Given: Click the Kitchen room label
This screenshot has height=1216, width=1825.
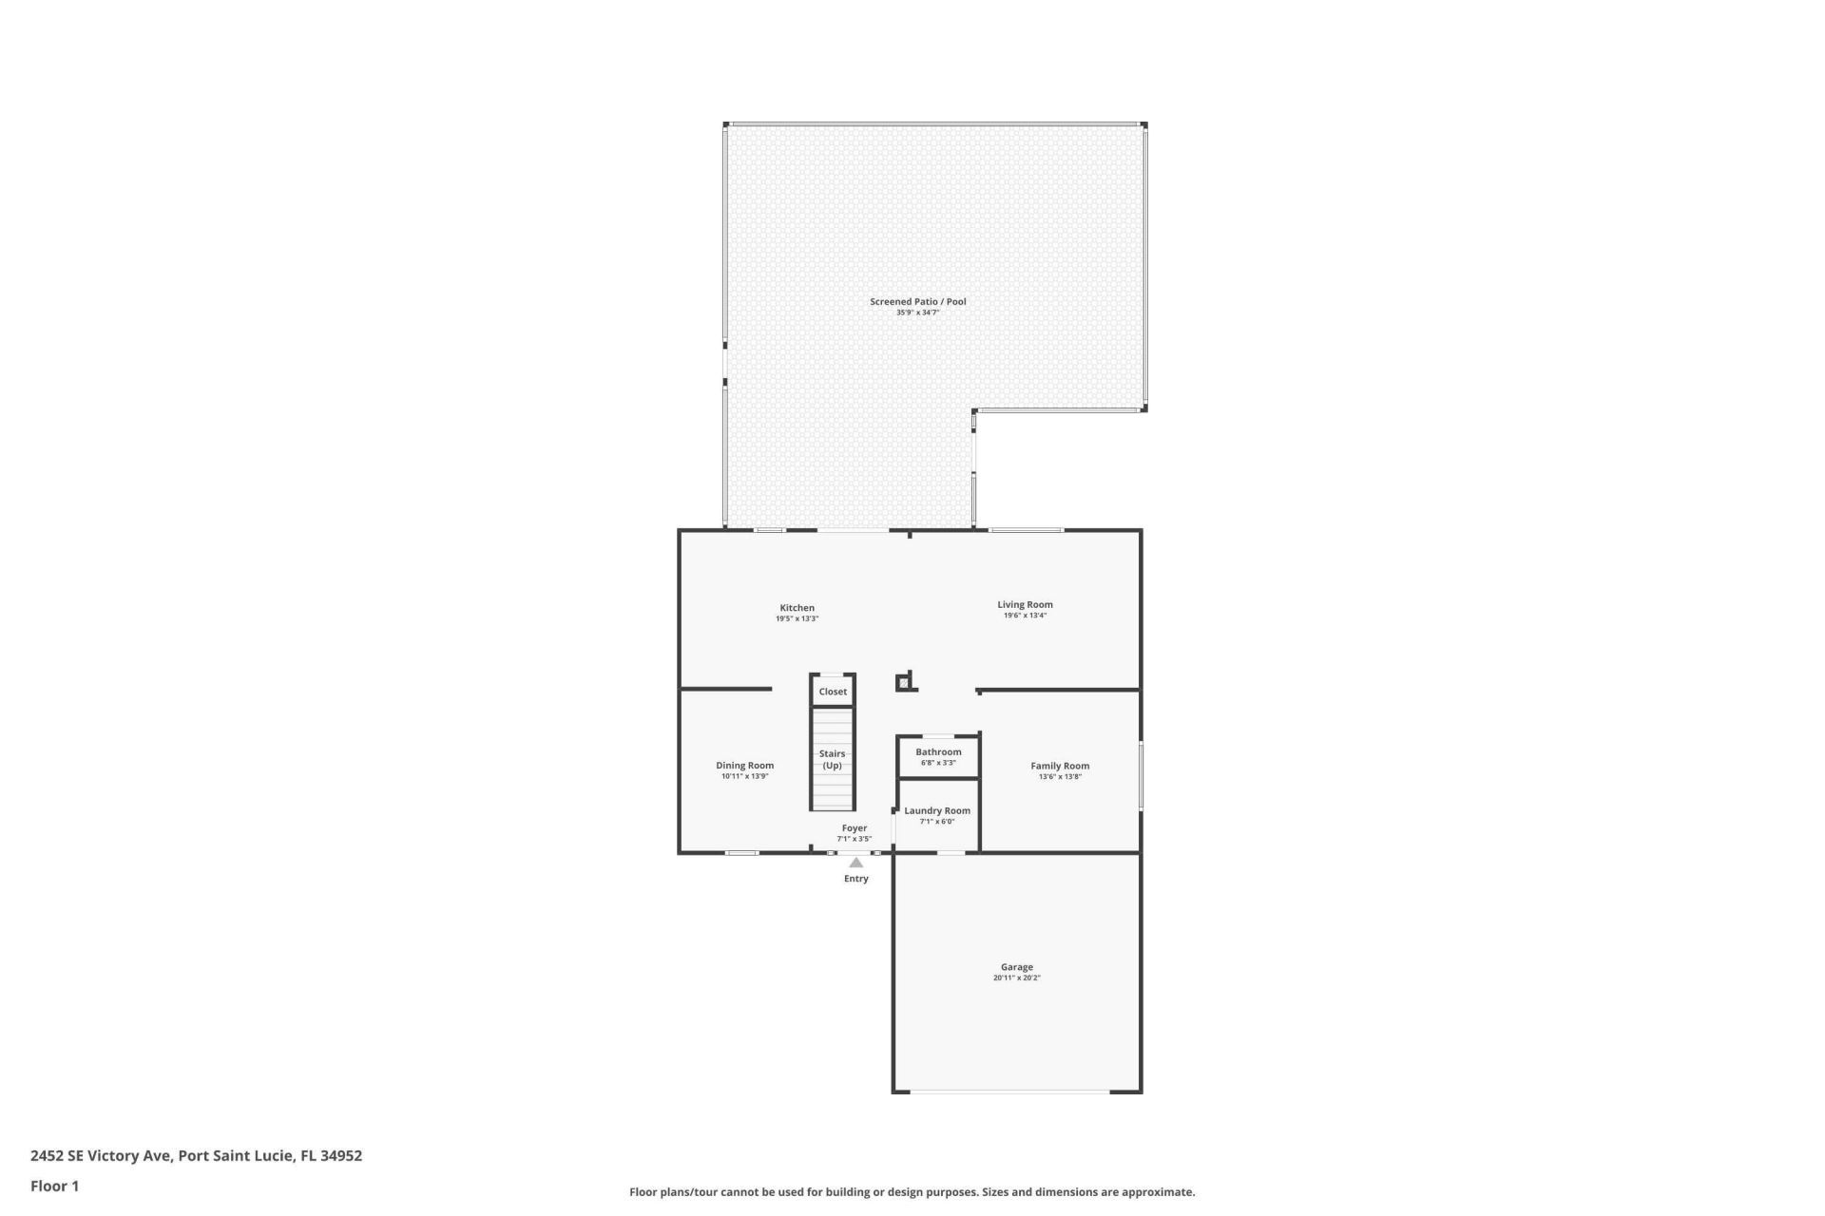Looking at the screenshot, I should coord(797,608).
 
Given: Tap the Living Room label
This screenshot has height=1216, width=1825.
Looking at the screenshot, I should coord(1025,604).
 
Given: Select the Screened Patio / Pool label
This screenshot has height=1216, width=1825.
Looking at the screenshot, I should coord(917,301).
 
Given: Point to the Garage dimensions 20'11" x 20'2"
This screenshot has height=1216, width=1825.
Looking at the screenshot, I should coord(1016,978).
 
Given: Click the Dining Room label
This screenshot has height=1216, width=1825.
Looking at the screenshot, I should coord(744,765).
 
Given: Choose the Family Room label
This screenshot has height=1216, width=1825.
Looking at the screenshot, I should coord(1060,766).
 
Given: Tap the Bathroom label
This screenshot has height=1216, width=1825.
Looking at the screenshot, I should coord(938,751).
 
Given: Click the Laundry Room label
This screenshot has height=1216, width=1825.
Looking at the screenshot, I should coord(936,810).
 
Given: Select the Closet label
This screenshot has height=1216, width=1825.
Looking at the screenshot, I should coord(833,692).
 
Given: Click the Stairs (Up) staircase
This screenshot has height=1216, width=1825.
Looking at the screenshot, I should coord(833,759).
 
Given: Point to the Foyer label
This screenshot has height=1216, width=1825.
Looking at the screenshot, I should coord(854,827).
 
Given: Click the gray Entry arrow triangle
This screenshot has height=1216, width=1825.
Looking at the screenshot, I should coord(856,863).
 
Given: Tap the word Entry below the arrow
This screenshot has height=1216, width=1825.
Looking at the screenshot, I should coord(856,879).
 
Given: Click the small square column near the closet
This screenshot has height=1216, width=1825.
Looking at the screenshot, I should coord(903,682).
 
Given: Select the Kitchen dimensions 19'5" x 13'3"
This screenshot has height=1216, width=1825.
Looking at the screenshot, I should coord(797,618).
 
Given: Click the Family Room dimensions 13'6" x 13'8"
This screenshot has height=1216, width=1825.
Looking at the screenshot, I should coord(1060,776).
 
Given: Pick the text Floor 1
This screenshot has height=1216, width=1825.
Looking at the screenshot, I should coord(54,1186).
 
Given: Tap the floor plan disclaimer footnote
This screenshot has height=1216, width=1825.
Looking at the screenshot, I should coord(912,1191).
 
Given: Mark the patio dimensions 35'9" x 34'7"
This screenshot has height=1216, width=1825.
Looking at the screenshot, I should coord(917,313).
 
